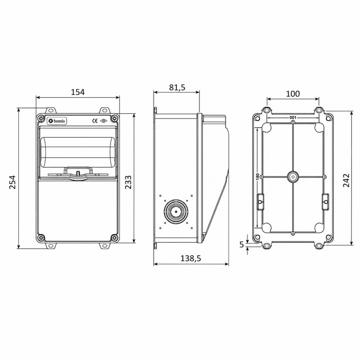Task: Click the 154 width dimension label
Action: (78, 92)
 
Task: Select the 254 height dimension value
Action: (12, 182)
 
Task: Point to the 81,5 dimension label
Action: (177, 87)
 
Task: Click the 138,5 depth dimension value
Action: (191, 258)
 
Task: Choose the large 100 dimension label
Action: (293, 94)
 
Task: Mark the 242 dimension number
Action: (346, 180)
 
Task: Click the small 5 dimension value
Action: (241, 245)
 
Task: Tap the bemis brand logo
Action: (57, 121)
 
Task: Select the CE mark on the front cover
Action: (95, 121)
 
